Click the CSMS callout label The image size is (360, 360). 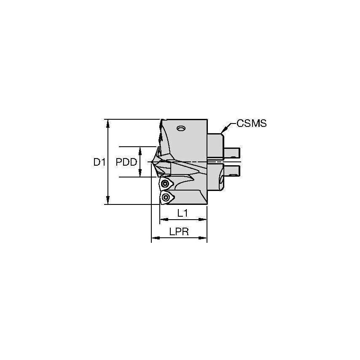click(251, 124)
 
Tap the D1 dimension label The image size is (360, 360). click(99, 162)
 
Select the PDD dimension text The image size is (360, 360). click(126, 162)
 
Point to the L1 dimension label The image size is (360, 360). click(183, 213)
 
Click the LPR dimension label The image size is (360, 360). click(179, 232)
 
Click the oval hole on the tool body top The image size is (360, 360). click(181, 128)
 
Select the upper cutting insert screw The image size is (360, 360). click(164, 184)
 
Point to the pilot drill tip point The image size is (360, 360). click(150, 162)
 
